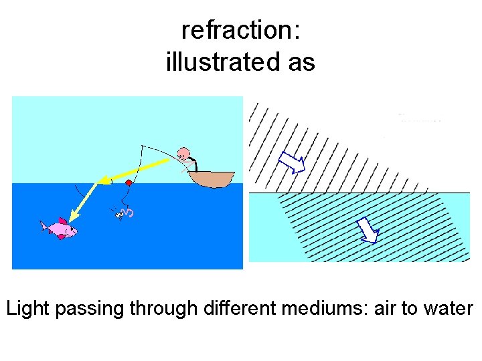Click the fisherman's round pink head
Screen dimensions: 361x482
pos(183,153)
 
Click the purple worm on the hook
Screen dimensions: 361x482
pos(130,213)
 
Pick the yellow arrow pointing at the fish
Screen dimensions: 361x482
pos(83,205)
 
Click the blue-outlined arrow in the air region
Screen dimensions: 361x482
pos(291,162)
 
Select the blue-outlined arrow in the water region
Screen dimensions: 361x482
pos(368,231)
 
